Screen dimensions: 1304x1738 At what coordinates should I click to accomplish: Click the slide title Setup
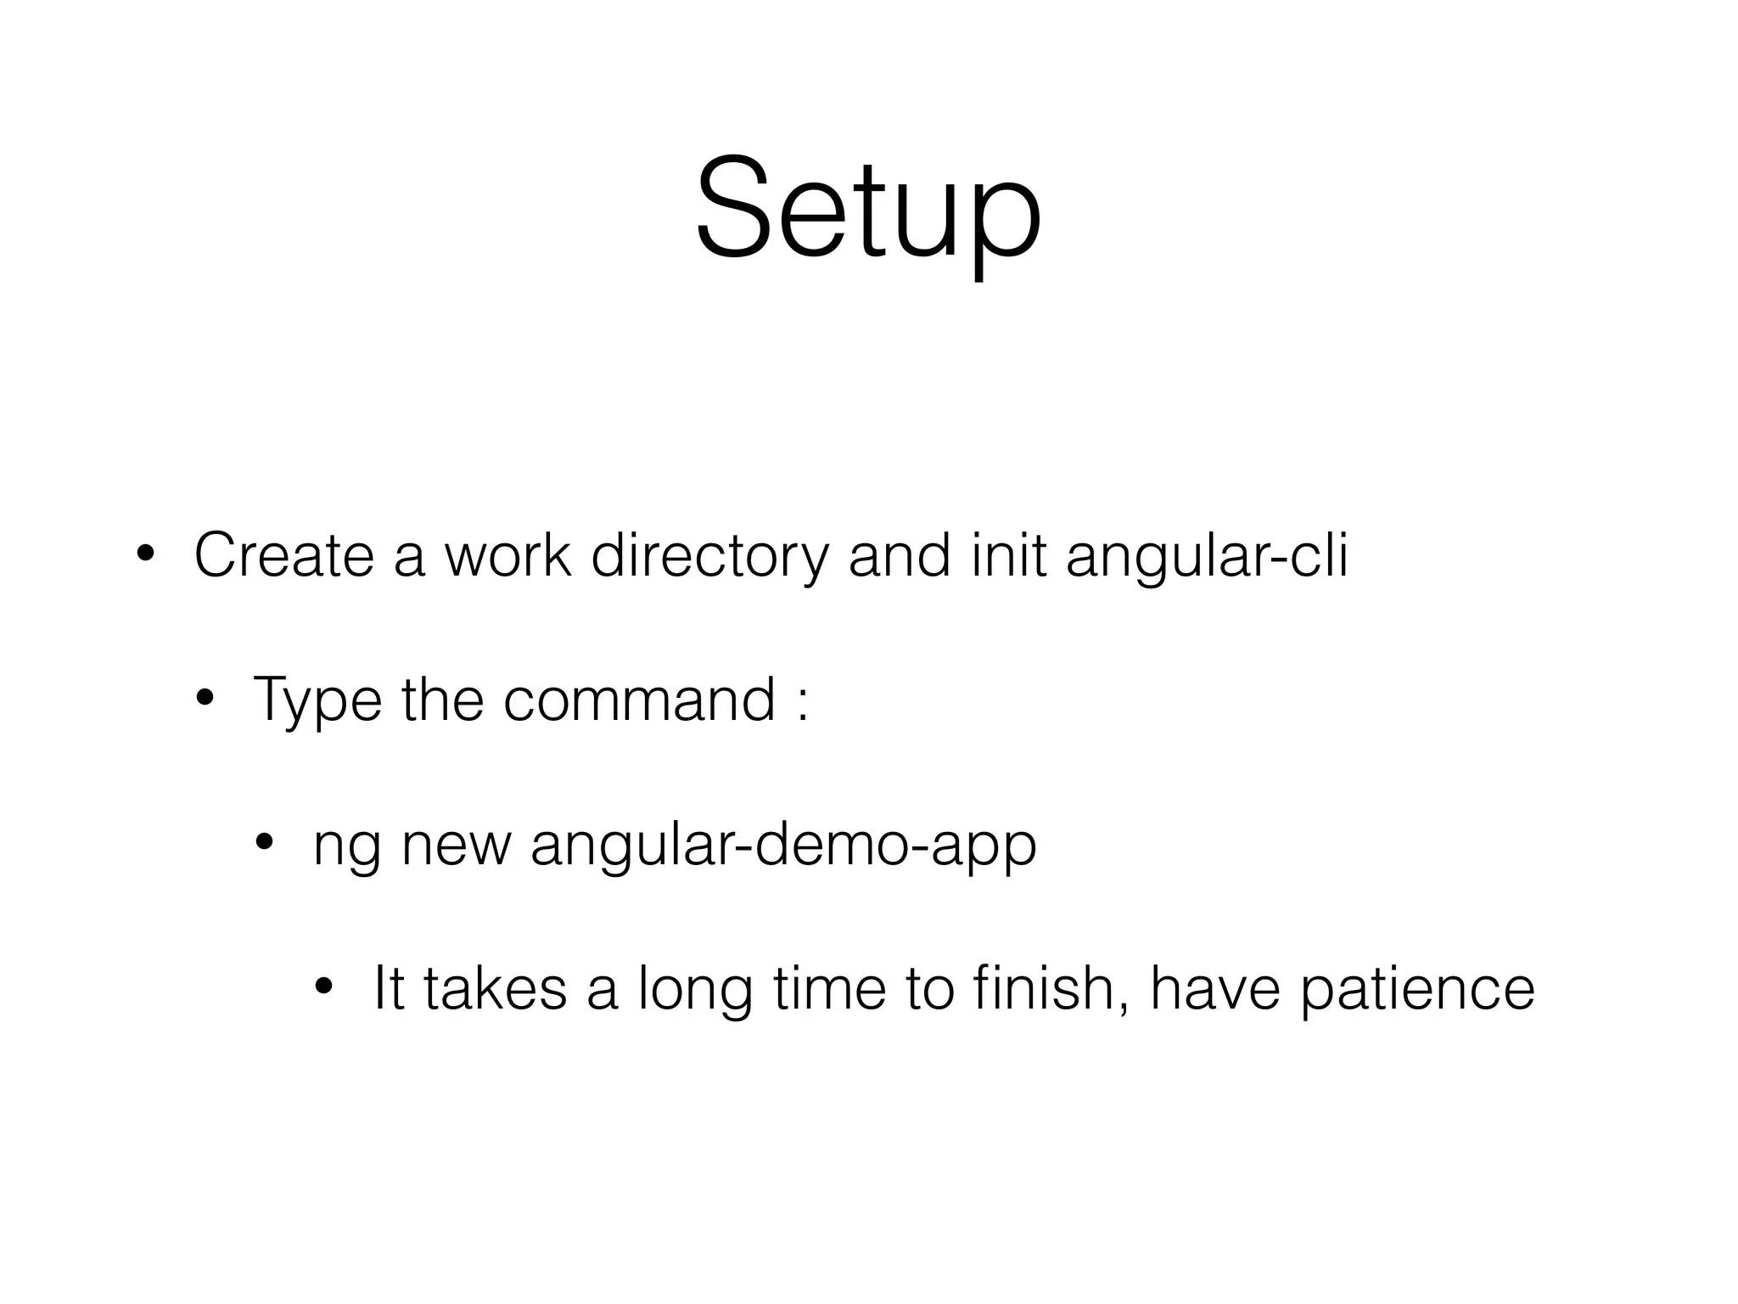click(868, 208)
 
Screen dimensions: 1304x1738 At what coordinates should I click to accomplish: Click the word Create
click(283, 556)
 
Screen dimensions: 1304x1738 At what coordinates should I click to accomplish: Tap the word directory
click(709, 556)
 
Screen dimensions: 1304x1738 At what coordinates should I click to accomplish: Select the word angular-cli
click(1206, 556)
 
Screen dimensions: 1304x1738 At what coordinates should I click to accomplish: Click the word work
click(507, 556)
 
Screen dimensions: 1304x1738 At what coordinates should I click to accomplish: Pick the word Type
click(317, 700)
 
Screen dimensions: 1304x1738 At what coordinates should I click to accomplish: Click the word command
click(639, 700)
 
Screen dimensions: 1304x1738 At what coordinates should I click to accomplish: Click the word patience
click(1417, 989)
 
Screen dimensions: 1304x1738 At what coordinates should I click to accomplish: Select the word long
click(695, 989)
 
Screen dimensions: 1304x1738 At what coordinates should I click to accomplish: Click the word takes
click(495, 989)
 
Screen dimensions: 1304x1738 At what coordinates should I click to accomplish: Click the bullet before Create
click(144, 554)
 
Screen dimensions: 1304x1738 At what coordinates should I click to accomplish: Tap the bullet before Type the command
click(205, 699)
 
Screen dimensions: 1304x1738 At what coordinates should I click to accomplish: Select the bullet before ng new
click(264, 843)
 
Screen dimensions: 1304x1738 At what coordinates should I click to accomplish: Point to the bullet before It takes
click(323, 987)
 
